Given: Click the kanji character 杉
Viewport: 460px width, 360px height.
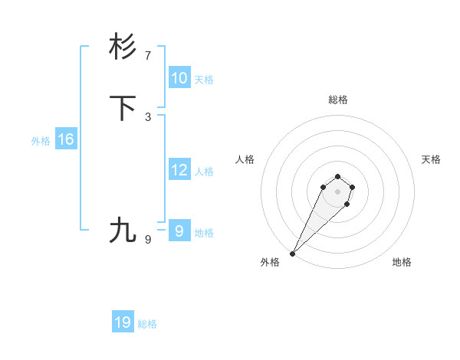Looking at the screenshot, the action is tap(123, 47).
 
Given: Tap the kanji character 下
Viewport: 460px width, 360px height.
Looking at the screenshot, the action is tap(123, 108).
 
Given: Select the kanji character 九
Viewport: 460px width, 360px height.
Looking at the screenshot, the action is tap(123, 230).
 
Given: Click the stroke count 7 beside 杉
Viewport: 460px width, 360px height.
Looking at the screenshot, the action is tap(148, 56).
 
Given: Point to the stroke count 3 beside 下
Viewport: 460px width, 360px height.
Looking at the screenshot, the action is tap(148, 117).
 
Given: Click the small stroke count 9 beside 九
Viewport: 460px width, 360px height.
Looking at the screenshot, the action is tap(148, 239).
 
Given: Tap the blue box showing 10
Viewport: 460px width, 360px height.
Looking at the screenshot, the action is tap(179, 78).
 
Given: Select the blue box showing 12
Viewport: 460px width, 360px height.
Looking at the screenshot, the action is tap(179, 170).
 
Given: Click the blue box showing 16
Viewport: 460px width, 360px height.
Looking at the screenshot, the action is tap(65, 139).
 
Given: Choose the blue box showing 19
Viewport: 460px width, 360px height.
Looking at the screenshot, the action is tap(122, 322).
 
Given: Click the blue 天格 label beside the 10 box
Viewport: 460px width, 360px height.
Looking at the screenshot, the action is tap(204, 80).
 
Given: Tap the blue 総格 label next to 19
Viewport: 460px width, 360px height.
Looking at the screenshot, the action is tap(147, 324).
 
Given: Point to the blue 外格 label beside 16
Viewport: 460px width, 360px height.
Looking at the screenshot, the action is tap(40, 141).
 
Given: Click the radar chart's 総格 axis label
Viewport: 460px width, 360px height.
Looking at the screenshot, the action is tap(337, 100).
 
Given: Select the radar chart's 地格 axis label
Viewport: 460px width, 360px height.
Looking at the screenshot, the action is tap(402, 262).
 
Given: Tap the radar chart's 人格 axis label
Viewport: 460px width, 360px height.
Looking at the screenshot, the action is tap(245, 159).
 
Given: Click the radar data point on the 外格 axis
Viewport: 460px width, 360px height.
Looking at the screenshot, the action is tap(293, 253).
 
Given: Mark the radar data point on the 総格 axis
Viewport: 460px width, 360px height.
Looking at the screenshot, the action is tap(337, 176).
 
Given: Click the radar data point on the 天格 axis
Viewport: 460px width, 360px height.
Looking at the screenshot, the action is tap(353, 187).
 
